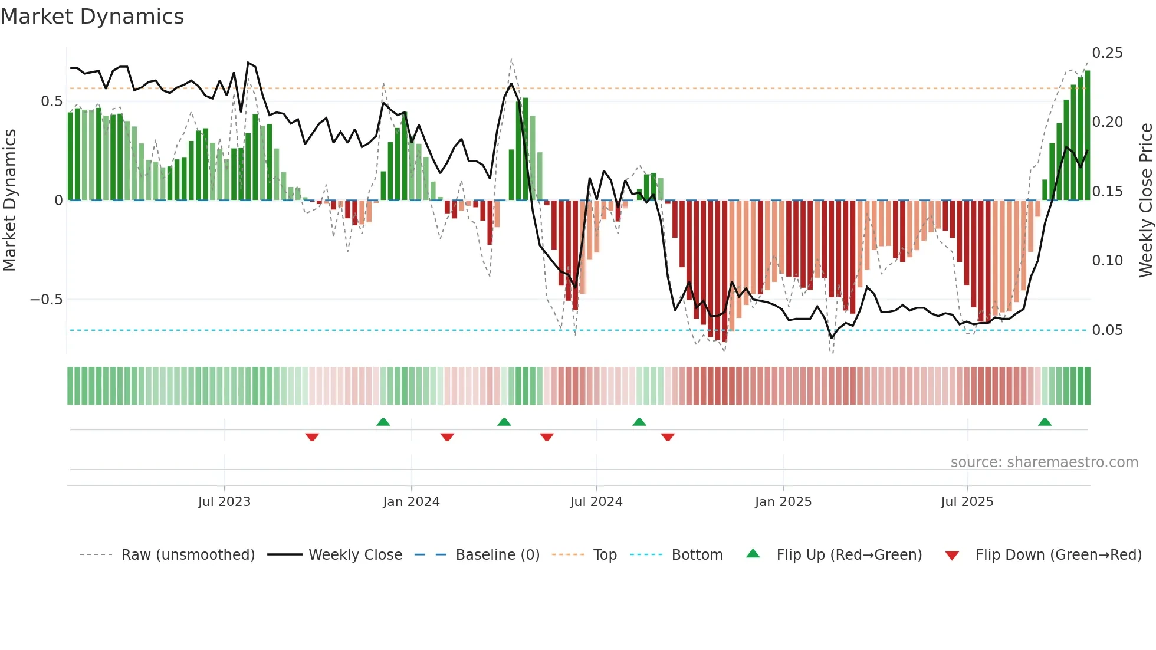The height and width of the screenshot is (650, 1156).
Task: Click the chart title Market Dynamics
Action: [x=93, y=17]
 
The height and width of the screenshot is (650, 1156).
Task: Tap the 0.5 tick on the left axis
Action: [x=51, y=101]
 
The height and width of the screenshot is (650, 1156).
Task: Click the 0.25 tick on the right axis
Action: [x=1107, y=53]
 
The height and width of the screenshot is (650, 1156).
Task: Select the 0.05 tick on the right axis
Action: [x=1107, y=330]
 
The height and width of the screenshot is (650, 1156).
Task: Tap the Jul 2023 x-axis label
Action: [x=224, y=502]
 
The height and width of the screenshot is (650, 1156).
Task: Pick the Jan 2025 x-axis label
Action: [x=783, y=502]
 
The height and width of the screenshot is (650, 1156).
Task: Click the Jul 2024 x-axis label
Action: [x=596, y=502]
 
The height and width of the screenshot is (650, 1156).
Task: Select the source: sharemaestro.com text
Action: [x=1044, y=462]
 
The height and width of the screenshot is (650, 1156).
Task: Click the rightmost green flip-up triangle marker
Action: [x=1045, y=422]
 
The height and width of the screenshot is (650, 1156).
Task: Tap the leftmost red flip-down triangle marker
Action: [x=312, y=437]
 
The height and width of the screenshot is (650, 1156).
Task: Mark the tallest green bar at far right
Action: [x=1088, y=136]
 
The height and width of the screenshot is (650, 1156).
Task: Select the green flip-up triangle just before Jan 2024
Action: [x=383, y=422]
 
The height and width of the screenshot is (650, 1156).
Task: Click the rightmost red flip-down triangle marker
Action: [x=668, y=437]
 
